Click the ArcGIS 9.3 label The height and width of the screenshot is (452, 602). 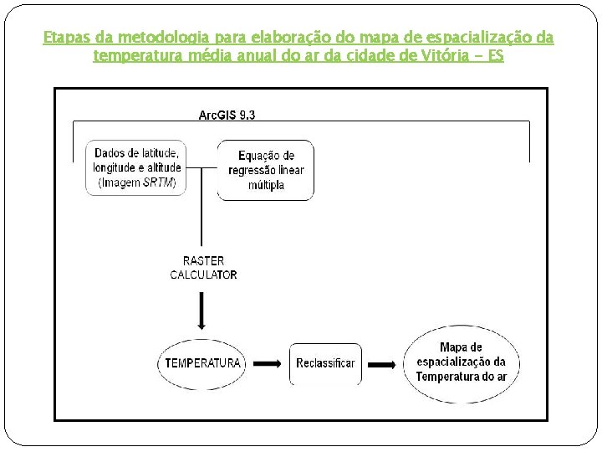tap(227, 116)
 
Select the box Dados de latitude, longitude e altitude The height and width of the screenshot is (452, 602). tap(135, 167)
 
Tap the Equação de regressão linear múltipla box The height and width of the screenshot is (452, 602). tap(266, 170)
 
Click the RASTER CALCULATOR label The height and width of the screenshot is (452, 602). tap(203, 268)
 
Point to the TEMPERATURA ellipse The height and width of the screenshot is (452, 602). tap(203, 363)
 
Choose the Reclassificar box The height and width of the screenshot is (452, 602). tap(325, 363)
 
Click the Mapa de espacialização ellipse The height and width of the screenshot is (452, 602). tap(461, 362)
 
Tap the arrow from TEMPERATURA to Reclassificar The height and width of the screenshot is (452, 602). tap(267, 363)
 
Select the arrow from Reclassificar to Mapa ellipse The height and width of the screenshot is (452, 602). tap(380, 364)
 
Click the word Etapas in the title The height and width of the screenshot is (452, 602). tap(62, 39)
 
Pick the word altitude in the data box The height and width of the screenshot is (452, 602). tap(164, 167)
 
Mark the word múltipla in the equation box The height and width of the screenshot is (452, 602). tap(266, 185)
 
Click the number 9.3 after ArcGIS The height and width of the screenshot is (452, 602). tap(247, 116)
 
